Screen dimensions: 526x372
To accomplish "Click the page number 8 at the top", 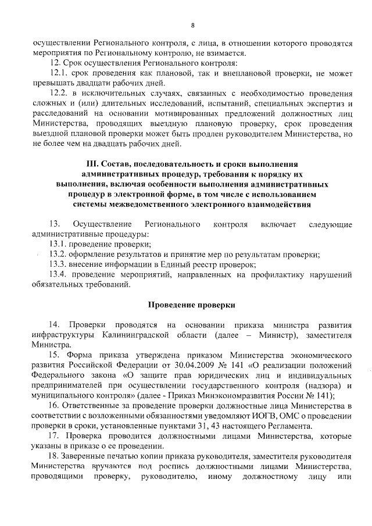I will pos(192,25).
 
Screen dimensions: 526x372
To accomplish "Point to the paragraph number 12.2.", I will pos(59,94).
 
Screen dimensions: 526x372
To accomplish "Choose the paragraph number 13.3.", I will pos(57,264).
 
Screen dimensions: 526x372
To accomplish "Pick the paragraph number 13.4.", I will pos(58,274).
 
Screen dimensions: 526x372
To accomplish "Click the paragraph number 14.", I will pos(54,323).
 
